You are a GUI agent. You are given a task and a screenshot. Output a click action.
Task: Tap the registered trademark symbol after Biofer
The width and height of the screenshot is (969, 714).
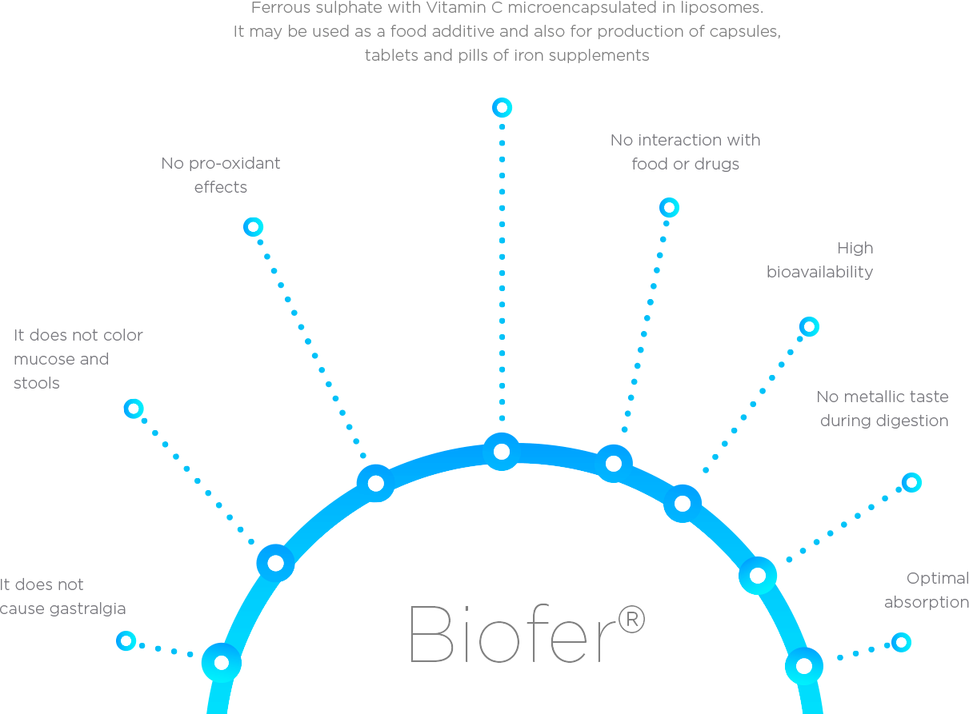click(x=631, y=620)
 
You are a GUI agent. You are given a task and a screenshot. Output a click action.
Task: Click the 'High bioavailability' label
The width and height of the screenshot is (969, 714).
click(x=820, y=260)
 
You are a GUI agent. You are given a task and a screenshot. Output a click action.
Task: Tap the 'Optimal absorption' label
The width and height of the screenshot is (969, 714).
click(x=927, y=590)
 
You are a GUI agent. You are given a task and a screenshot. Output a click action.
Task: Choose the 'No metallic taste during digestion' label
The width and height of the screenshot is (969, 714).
click(x=883, y=409)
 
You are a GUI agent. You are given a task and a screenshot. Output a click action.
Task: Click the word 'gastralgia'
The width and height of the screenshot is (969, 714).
click(x=88, y=609)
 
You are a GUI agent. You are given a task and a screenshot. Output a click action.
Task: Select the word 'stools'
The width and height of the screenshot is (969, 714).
click(x=37, y=384)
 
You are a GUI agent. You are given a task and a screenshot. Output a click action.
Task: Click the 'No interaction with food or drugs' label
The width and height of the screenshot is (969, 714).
click(x=686, y=152)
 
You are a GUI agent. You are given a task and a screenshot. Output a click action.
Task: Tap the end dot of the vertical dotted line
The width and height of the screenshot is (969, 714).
click(x=502, y=107)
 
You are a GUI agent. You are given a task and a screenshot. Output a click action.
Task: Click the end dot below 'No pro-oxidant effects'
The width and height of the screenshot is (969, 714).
click(x=253, y=227)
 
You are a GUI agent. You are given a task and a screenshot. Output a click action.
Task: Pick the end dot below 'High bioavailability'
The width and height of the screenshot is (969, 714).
click(x=809, y=326)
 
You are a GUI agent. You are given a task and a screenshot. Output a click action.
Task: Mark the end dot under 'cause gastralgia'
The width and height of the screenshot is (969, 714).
click(x=126, y=640)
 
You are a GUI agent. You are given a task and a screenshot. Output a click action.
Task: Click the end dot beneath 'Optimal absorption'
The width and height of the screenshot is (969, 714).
click(x=901, y=641)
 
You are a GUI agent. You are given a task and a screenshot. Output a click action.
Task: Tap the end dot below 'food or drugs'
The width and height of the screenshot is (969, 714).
click(x=669, y=208)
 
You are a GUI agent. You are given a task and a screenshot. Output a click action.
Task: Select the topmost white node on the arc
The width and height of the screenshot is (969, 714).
click(x=502, y=452)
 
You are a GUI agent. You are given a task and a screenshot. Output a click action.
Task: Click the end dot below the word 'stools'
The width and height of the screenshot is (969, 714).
click(x=134, y=409)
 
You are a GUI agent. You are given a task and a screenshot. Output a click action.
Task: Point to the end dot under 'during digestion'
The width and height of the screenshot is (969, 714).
click(x=911, y=482)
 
